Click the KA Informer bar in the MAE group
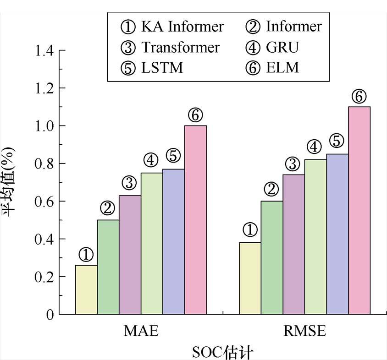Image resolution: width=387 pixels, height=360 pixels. click(x=86, y=289)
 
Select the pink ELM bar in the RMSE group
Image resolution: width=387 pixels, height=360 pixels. click(x=359, y=211)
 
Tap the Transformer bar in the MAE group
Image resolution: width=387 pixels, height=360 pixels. click(x=130, y=255)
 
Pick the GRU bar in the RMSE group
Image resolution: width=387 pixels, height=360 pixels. click(x=315, y=237)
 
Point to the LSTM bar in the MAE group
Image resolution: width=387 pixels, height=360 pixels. click(x=173, y=241)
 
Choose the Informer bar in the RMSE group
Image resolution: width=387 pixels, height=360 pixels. click(x=272, y=257)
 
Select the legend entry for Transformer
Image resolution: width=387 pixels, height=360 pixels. click(x=170, y=47)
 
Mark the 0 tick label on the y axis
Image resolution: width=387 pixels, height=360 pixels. click(x=50, y=315)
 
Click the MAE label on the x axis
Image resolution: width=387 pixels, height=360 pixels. click(x=141, y=331)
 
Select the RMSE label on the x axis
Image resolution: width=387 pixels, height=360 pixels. click(x=304, y=331)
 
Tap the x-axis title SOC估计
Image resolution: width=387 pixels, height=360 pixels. click(x=222, y=352)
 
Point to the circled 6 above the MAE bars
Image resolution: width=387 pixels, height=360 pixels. click(x=195, y=116)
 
